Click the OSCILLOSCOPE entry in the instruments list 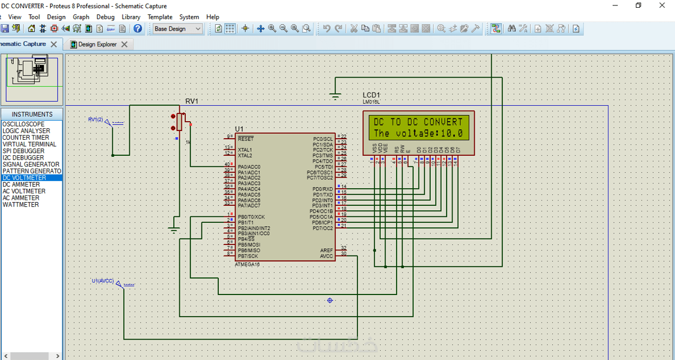(24, 124)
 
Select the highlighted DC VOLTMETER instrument (25, 178)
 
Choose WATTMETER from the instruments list (21, 205)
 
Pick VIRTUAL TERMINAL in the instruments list (29, 144)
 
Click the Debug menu (106, 17)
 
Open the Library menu (131, 17)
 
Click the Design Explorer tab (97, 45)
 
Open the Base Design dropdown (178, 29)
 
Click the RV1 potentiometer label (191, 101)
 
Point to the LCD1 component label (371, 95)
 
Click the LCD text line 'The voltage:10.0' (418, 133)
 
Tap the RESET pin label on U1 (246, 139)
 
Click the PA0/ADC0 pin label (249, 167)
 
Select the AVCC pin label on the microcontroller (326, 256)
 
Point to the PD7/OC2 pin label (322, 228)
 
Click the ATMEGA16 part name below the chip (247, 265)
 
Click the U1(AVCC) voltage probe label (102, 281)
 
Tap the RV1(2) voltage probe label (96, 119)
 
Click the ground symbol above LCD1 (335, 97)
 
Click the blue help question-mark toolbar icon (138, 29)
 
